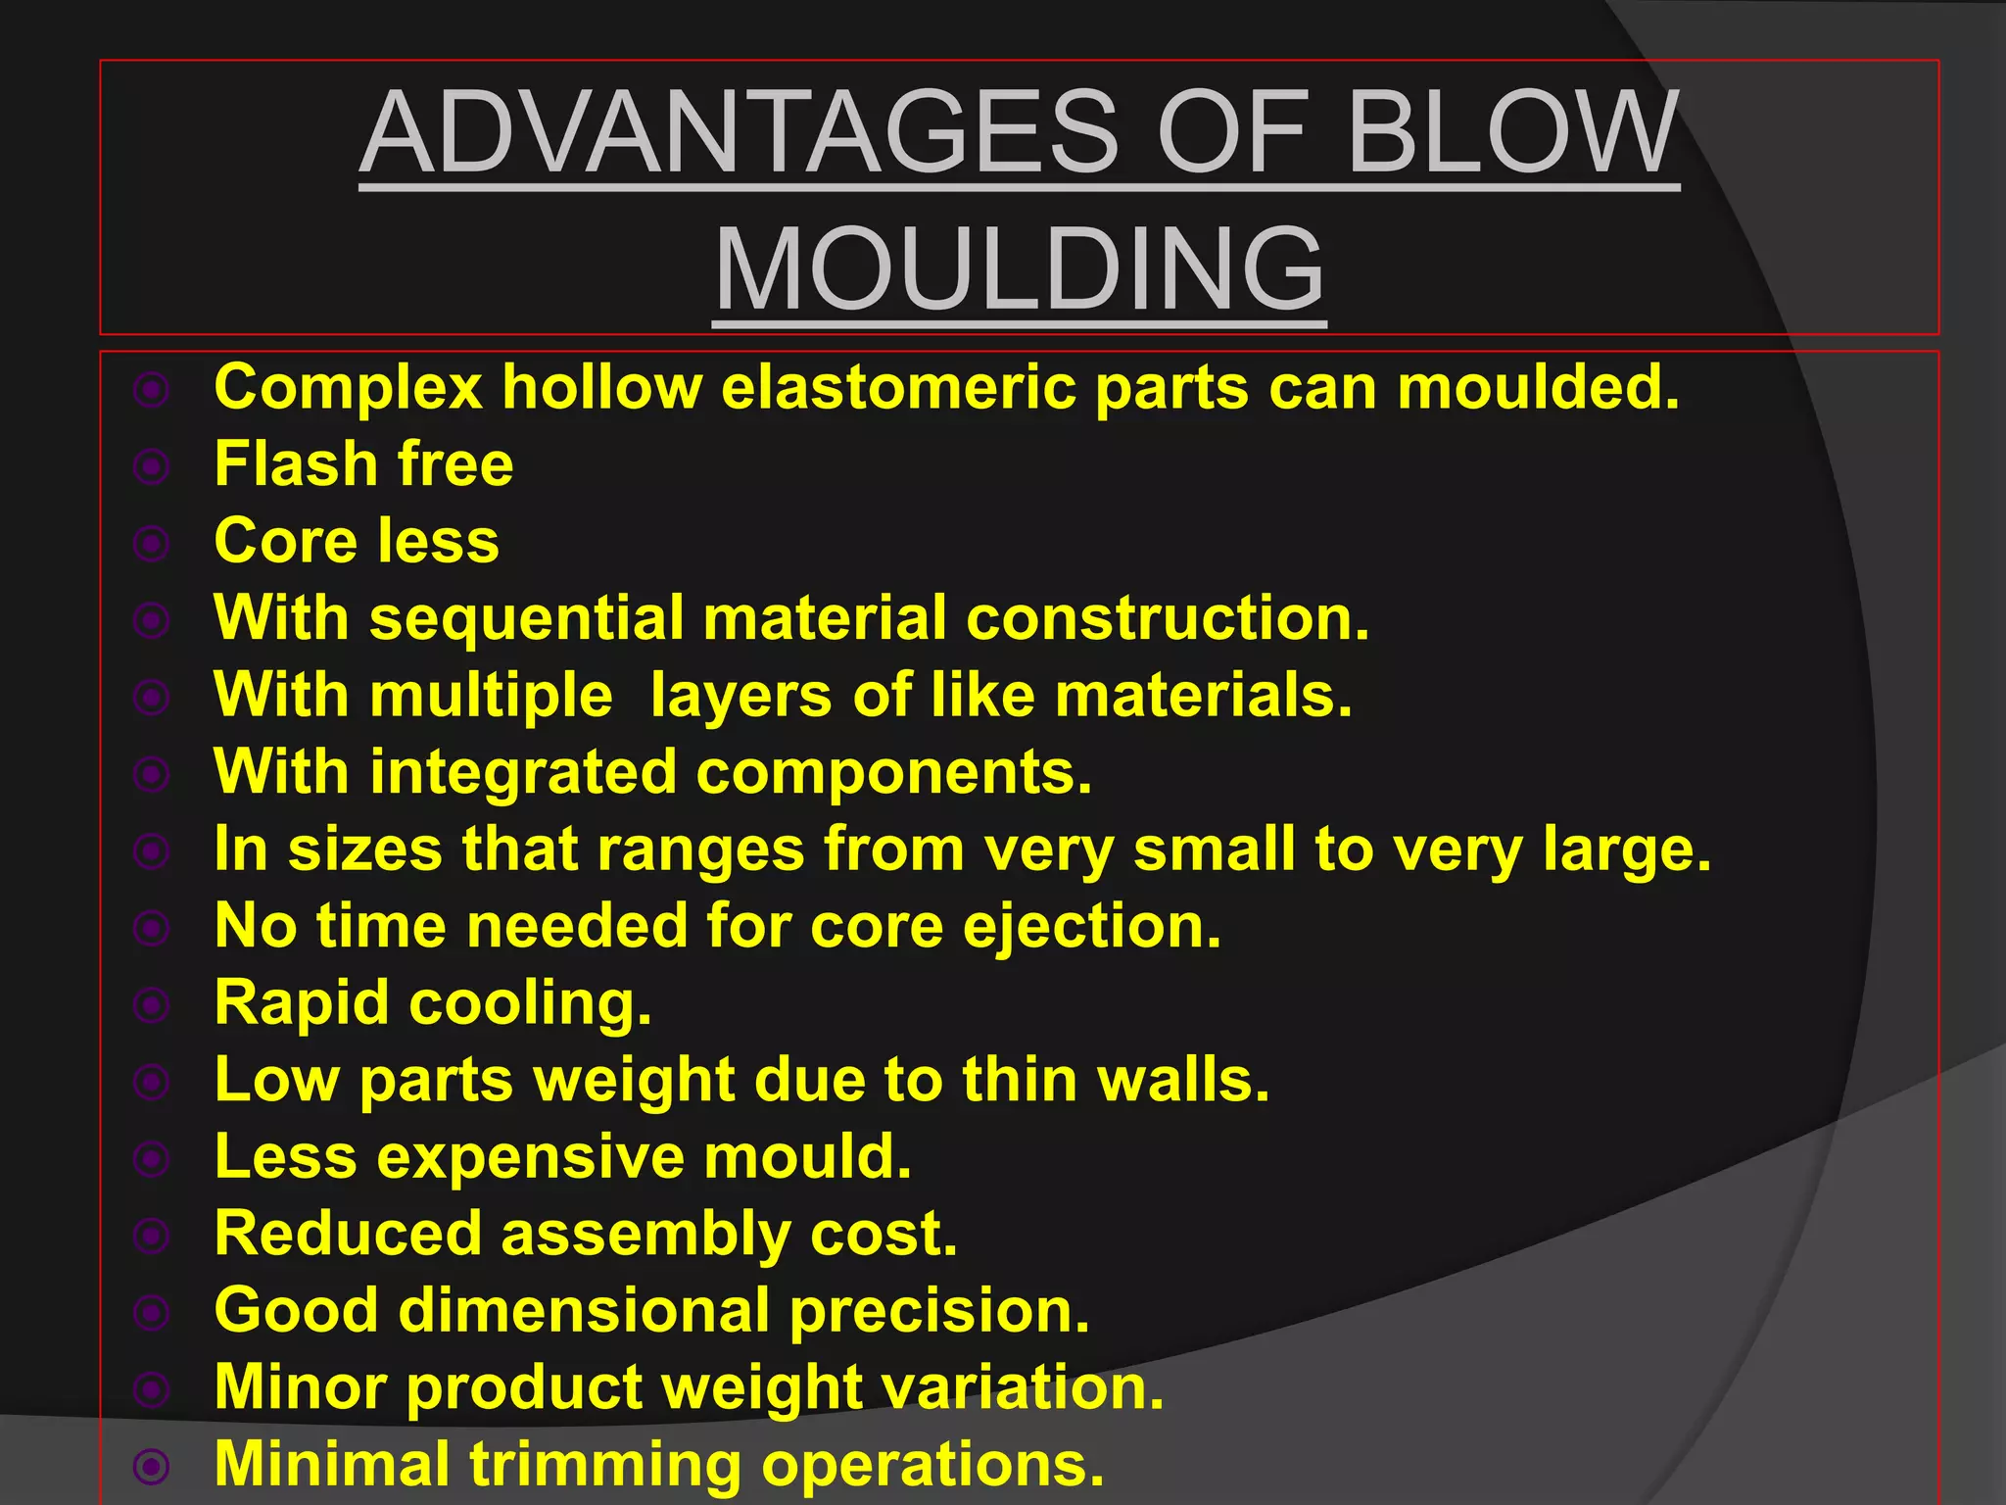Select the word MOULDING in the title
click(1020, 269)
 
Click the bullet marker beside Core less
click(152, 543)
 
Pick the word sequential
click(527, 618)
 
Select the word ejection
click(1092, 926)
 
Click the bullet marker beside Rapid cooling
click(152, 1004)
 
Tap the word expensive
click(531, 1157)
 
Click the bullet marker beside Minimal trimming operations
click(152, 1466)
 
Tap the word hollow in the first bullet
click(602, 387)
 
